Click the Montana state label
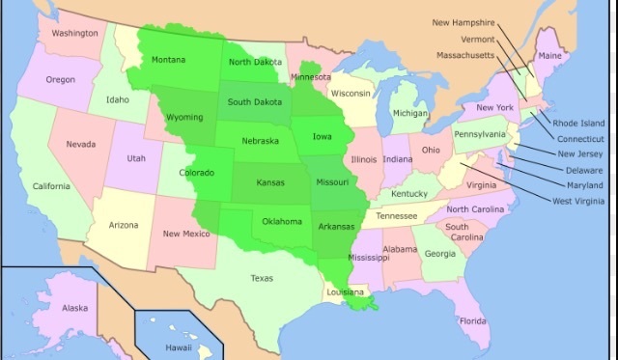(x=168, y=60)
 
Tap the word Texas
(x=262, y=278)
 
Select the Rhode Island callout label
(x=579, y=124)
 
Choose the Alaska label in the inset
(x=74, y=308)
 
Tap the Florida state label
(x=472, y=320)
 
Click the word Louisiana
(x=346, y=291)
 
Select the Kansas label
(x=270, y=181)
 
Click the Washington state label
(x=74, y=33)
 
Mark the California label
(x=51, y=186)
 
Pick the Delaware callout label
(x=584, y=170)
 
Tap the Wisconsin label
(x=350, y=94)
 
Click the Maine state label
(x=548, y=57)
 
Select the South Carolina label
(x=464, y=232)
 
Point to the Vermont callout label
(x=476, y=40)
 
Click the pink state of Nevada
(x=80, y=144)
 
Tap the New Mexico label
(x=185, y=234)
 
